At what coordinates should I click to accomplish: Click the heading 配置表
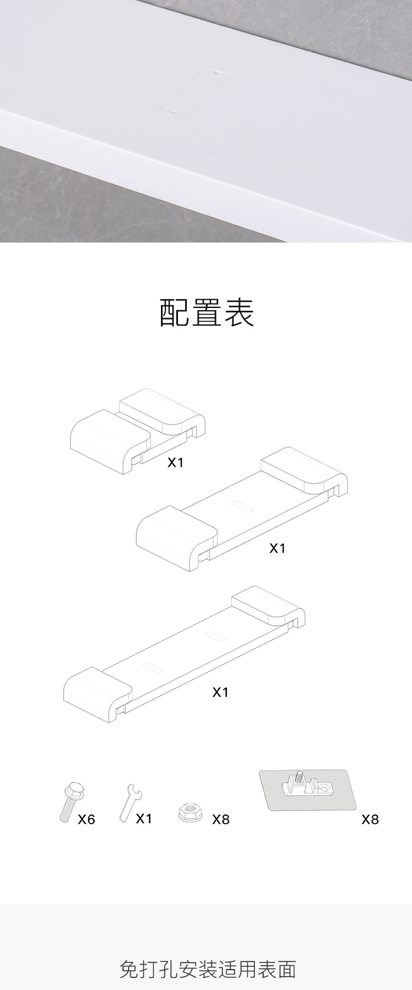coord(207,312)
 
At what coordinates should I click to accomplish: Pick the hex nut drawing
coord(190,812)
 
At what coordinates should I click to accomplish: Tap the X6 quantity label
coord(86,820)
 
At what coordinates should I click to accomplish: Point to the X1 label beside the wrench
coord(144,818)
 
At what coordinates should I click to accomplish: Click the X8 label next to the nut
coord(221,820)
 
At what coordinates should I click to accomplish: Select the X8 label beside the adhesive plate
coord(370,820)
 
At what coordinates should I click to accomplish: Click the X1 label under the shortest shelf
coord(175,463)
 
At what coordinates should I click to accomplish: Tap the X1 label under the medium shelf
coord(277,548)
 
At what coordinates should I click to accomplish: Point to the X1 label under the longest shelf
coord(220,692)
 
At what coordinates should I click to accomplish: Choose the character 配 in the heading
coord(175,312)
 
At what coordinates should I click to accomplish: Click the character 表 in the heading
coord(238,312)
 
